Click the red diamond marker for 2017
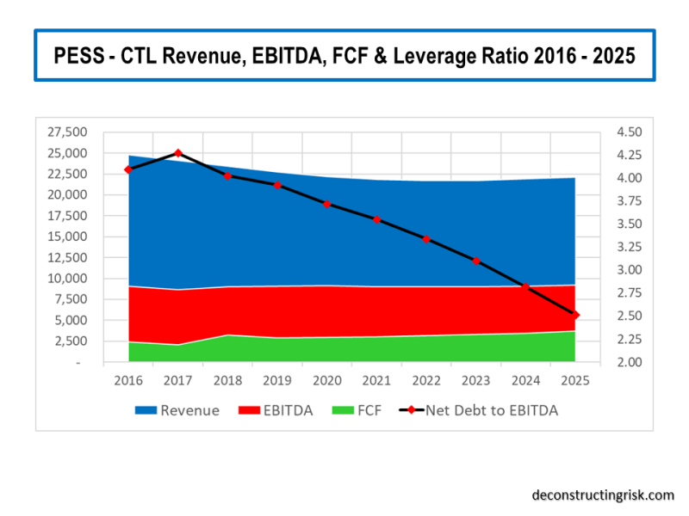tap(178, 153)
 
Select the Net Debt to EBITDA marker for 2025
tap(575, 315)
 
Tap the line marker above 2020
tap(327, 204)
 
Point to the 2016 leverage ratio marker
tap(128, 169)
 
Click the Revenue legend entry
tap(177, 411)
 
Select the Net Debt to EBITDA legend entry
tap(480, 411)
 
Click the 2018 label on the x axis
tap(228, 379)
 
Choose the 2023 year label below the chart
tap(476, 379)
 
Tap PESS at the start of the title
tap(78, 56)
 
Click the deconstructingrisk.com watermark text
tap(602, 494)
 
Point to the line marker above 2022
tap(426, 239)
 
